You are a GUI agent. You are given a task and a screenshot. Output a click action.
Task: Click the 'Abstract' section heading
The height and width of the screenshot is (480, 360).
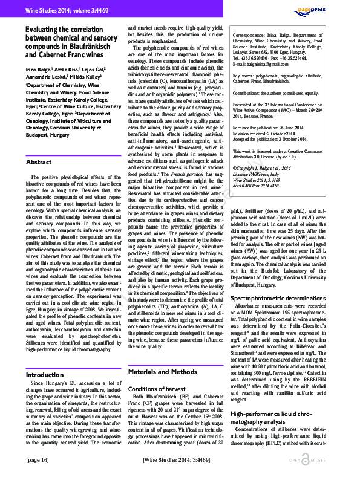39,163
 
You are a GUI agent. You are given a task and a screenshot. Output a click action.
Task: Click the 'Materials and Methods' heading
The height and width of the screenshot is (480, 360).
163,355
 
